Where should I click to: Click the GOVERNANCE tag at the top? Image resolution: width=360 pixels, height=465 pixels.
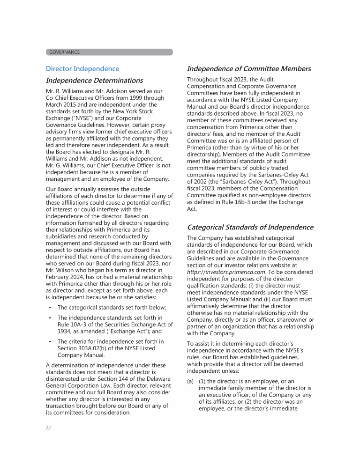[x=65, y=52]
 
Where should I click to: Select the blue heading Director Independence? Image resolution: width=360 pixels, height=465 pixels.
[x=82, y=69]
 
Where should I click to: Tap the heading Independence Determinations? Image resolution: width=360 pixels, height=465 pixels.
[x=94, y=81]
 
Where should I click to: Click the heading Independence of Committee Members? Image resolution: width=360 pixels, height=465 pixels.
[x=249, y=69]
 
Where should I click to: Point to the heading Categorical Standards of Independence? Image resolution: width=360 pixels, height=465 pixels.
[x=250, y=227]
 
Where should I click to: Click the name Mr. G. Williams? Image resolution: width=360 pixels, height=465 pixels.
[x=65, y=165]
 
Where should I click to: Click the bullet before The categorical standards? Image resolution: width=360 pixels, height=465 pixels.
[x=50, y=308]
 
